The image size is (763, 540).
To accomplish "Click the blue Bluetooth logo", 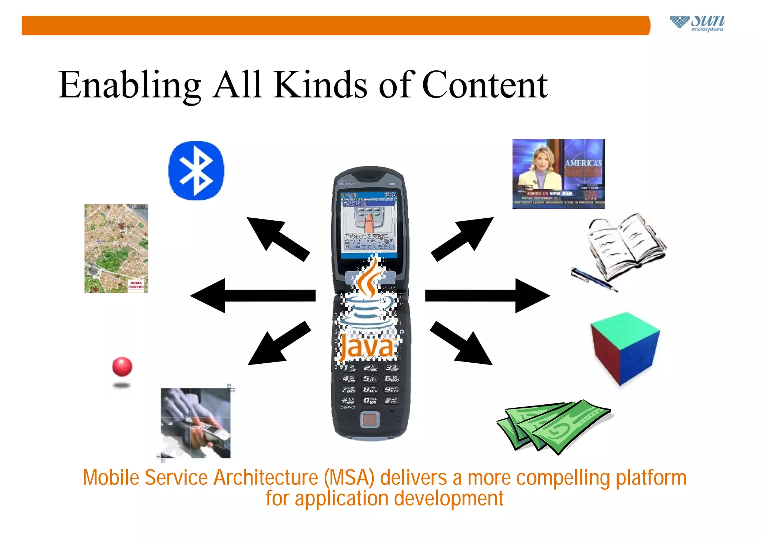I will pos(196,171).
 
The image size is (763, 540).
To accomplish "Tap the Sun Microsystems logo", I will pos(697,23).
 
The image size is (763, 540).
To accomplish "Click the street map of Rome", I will pos(116,248).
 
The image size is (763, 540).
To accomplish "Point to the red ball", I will pos(122,366).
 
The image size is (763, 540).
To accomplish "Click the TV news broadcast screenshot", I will pos(558,174).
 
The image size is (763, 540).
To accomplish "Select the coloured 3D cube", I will pos(625,348).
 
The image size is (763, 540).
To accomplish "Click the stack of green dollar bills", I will pos(554,427).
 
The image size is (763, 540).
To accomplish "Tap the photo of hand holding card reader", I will pos(196,423).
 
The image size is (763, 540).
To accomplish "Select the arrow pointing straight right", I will pos(488,296).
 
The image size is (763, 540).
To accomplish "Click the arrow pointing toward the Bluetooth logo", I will pos(278,238).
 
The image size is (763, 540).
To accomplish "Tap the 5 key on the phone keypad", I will pos(369,379).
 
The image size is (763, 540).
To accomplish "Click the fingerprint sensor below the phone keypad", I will pos(370,420).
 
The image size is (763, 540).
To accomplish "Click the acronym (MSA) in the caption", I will pos(349,478).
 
